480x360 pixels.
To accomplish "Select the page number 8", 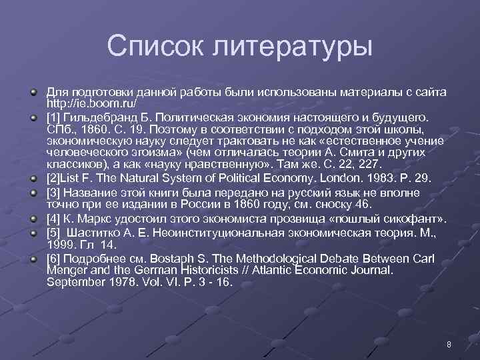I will pyautogui.click(x=449, y=344).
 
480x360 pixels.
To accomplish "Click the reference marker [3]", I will pyautogui.click(x=54, y=192).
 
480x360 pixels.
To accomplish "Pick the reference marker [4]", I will pyautogui.click(x=54, y=219).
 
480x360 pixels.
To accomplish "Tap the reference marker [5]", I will pyautogui.click(x=54, y=232).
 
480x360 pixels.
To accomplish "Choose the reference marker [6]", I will pyautogui.click(x=54, y=258).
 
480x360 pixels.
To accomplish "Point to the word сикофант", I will pyautogui.click(x=413, y=219).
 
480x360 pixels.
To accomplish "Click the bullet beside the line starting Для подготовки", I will pyautogui.click(x=33, y=91).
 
